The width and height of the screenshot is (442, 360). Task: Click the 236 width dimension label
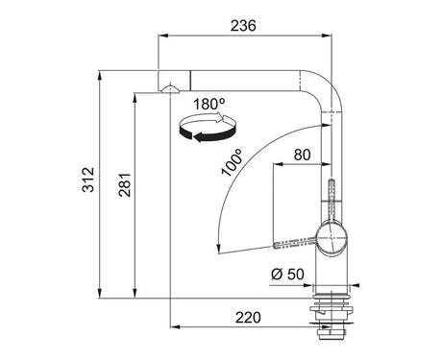243,26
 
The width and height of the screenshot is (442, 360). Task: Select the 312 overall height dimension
88,180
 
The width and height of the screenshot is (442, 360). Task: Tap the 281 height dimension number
125,184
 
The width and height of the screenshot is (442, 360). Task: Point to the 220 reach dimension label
248,318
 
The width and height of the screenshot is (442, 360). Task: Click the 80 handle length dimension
302,155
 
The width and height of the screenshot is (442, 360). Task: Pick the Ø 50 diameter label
287,275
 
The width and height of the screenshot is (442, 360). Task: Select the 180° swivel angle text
209,104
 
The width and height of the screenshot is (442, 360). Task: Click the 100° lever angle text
232,162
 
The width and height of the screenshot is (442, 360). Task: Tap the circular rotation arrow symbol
208,128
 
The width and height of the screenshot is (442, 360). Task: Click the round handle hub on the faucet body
331,239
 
